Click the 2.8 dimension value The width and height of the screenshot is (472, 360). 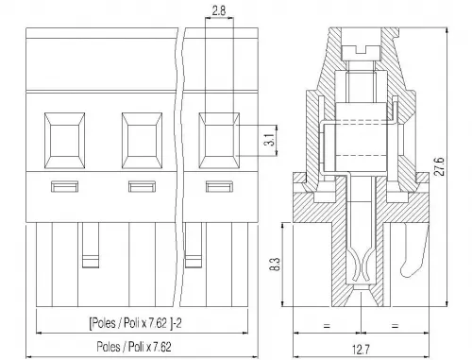click(219, 11)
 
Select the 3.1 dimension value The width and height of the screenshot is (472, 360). click(269, 140)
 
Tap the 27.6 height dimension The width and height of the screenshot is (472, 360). click(440, 166)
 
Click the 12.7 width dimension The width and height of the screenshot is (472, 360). click(361, 350)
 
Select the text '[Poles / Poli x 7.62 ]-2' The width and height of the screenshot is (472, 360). click(136, 323)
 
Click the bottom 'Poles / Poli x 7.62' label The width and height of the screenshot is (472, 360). click(134, 347)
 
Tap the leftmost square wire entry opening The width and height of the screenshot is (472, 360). click(64, 141)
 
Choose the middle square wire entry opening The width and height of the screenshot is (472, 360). click(142, 141)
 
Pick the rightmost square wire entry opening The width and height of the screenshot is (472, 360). click(219, 141)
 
